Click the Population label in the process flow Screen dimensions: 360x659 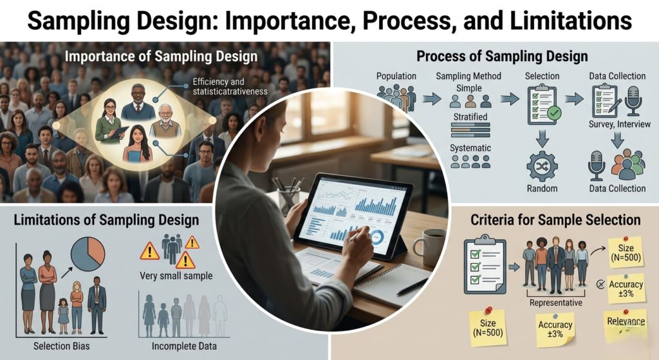click(x=396, y=76)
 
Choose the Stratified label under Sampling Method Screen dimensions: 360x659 click(x=470, y=117)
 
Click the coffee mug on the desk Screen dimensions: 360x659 click(x=429, y=246)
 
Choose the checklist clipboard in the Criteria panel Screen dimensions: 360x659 click(x=483, y=265)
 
